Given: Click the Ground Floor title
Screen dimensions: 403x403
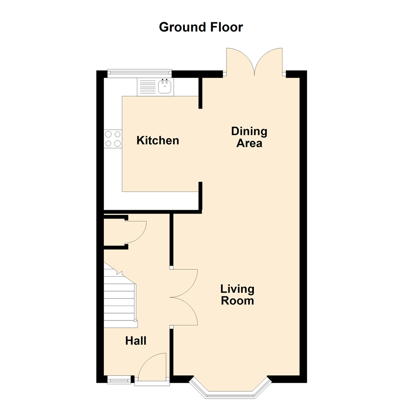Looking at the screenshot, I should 201,27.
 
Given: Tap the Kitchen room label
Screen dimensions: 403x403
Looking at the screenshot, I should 158,141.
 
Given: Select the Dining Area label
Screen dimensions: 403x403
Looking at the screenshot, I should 249,137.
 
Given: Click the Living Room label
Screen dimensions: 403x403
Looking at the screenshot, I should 237,295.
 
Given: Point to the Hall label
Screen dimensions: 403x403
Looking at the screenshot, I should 136,341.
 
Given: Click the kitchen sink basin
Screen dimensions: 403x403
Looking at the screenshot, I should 165,87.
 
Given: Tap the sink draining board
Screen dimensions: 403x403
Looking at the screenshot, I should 147,87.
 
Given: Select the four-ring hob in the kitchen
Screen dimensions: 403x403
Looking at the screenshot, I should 113,138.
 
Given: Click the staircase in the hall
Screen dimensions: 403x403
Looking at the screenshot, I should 119,302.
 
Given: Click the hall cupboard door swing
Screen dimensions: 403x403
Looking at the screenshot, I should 136,232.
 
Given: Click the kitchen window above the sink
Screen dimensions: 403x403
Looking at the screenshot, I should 139,74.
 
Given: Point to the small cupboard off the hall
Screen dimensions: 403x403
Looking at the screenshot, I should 114,232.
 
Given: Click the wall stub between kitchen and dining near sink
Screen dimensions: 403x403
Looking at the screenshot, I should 200,93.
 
